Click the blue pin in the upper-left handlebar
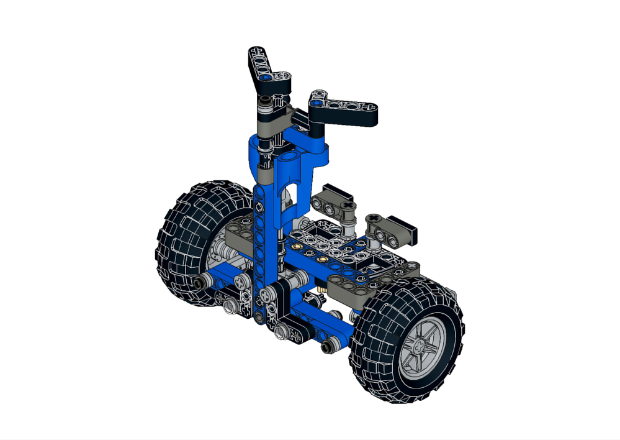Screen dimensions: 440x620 pos(266,78)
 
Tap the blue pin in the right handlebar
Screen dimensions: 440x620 pos(318,103)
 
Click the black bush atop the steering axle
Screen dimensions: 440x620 pos(265,100)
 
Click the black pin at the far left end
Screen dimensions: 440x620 pos(199,283)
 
